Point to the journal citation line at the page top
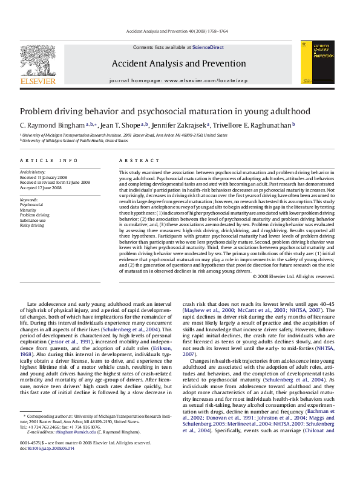click(180, 30)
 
